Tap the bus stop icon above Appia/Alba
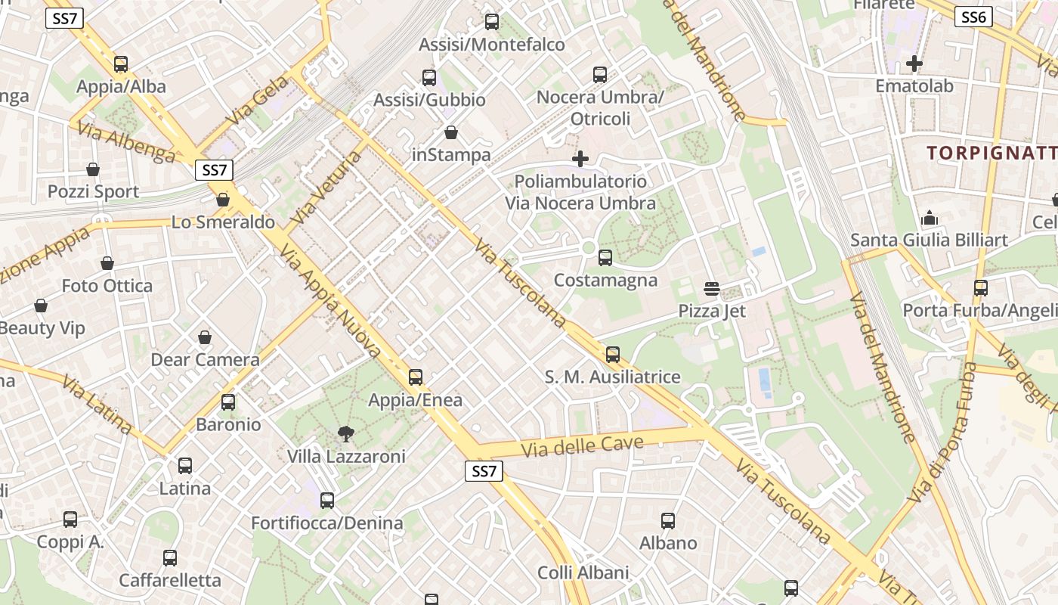point(121,64)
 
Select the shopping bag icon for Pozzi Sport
point(93,169)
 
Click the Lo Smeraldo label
point(223,222)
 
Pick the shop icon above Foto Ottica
point(107,263)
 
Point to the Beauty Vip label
point(42,328)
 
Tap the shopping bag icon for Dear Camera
point(205,337)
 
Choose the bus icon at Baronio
point(228,402)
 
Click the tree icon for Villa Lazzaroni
point(346,434)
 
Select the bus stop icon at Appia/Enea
point(415,377)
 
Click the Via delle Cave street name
point(582,445)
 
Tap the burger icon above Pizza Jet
point(711,288)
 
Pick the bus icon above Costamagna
point(605,258)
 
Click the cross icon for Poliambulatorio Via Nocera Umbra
point(580,159)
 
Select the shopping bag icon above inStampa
point(451,133)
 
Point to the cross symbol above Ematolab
point(914,64)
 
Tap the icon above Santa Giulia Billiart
point(929,219)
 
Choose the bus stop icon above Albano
point(668,520)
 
